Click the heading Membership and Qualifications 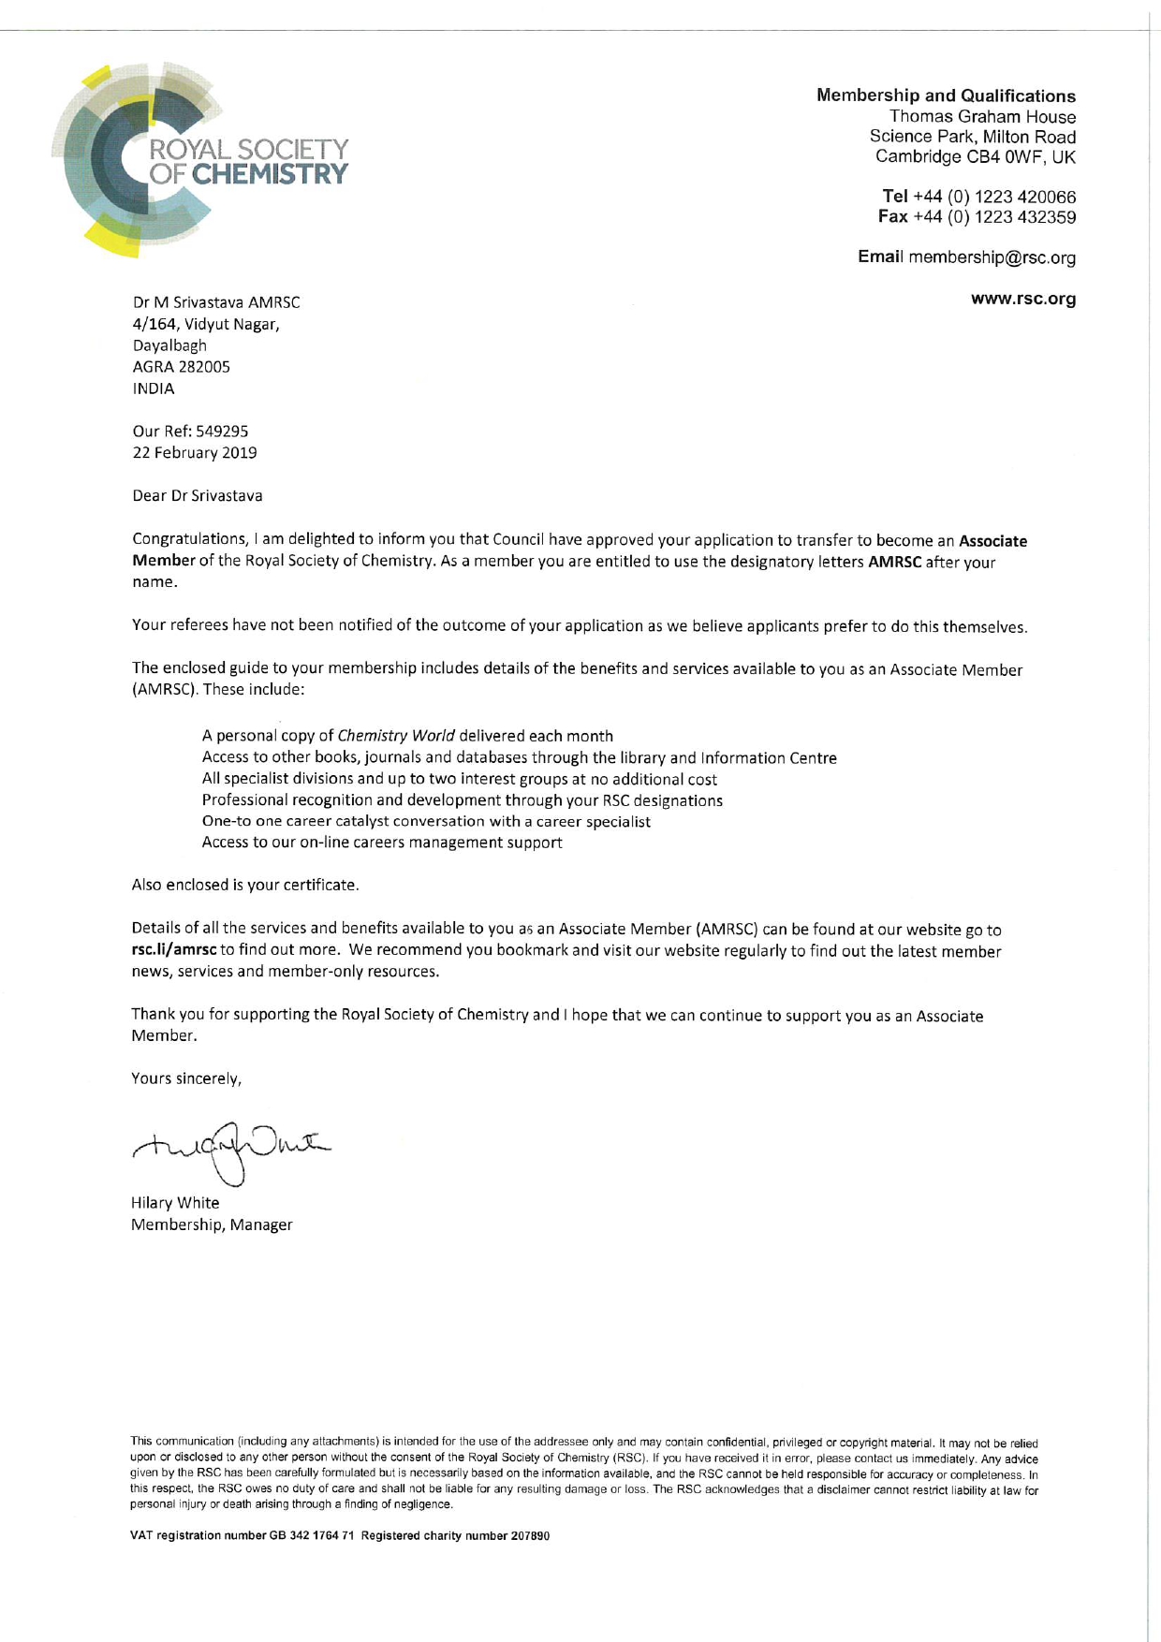tap(946, 95)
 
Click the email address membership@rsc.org tap(992, 257)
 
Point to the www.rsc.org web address tap(1023, 300)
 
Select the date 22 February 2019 tap(195, 453)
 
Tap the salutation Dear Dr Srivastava tap(198, 496)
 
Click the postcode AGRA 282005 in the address tap(182, 367)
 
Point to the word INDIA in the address tap(154, 389)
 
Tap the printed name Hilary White tap(175, 1203)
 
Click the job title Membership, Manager tap(212, 1224)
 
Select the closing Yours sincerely tap(186, 1078)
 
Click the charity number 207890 tap(530, 1536)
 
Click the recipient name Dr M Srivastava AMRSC tap(216, 302)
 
